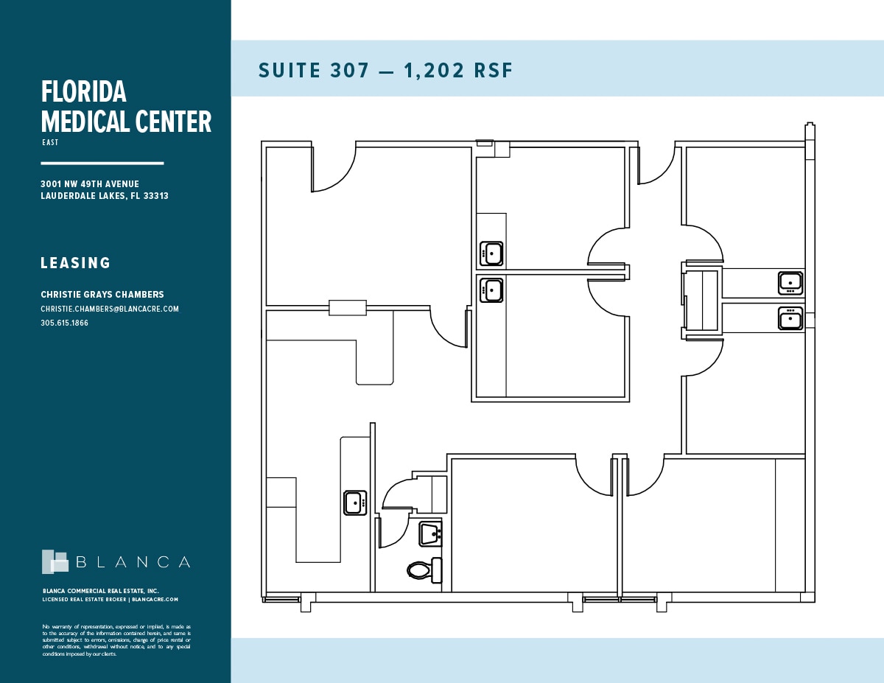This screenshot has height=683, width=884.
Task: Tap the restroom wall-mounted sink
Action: [x=429, y=533]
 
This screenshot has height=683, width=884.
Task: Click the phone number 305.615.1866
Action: [x=64, y=323]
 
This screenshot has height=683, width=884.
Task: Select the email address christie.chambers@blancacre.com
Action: [x=110, y=309]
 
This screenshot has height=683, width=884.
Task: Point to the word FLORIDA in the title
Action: [x=83, y=92]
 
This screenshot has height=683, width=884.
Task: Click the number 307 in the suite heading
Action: [x=351, y=71]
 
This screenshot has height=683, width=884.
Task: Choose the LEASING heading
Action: [x=75, y=263]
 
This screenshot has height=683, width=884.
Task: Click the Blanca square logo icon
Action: [x=55, y=561]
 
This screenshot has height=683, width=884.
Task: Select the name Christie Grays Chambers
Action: [x=102, y=295]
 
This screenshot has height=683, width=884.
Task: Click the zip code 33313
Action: [x=155, y=196]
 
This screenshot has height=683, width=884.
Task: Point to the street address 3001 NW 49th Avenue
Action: [x=90, y=184]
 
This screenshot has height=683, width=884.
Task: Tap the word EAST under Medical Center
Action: [x=50, y=142]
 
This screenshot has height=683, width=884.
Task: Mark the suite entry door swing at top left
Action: [x=333, y=168]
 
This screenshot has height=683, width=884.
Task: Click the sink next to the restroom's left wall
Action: [x=355, y=502]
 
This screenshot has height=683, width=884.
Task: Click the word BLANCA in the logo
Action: [x=133, y=562]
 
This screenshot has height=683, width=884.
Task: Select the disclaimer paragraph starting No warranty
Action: [x=116, y=640]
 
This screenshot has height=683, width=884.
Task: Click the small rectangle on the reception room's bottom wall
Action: [x=347, y=308]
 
